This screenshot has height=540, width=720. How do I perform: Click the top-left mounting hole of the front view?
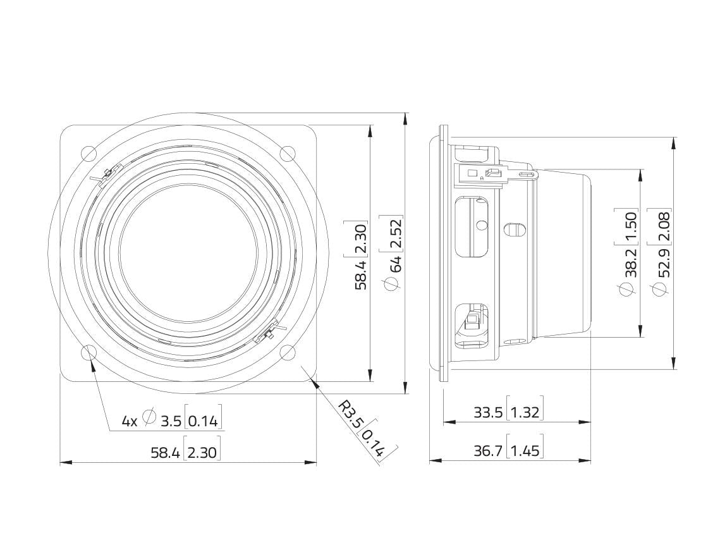pyautogui.click(x=88, y=154)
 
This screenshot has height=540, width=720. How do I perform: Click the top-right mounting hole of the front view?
pyautogui.click(x=288, y=154)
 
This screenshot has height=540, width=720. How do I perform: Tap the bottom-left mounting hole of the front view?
pyautogui.click(x=88, y=353)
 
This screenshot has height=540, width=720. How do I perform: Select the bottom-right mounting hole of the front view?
pyautogui.click(x=288, y=353)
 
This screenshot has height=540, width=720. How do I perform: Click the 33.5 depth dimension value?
pyautogui.click(x=488, y=412)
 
